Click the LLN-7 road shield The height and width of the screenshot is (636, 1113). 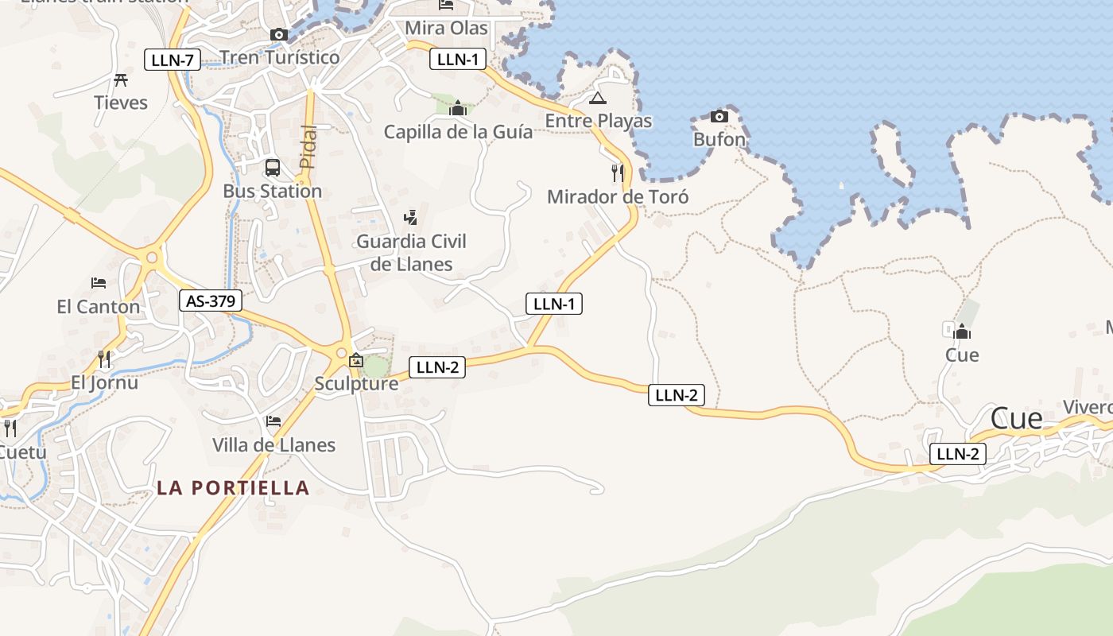click(173, 60)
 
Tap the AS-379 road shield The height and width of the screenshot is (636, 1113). click(211, 301)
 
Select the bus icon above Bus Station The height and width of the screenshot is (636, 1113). click(273, 168)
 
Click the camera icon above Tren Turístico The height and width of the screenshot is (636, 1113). click(279, 34)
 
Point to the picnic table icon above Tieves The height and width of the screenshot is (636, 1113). click(121, 79)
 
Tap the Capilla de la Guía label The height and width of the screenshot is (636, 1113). click(458, 132)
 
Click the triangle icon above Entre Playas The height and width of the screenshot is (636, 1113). click(598, 99)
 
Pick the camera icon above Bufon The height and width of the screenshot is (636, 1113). click(719, 116)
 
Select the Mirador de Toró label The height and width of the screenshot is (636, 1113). click(618, 197)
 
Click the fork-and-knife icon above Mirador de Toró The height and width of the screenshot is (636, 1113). click(618, 173)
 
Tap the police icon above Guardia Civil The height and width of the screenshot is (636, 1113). click(411, 216)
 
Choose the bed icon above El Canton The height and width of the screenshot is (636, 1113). click(99, 282)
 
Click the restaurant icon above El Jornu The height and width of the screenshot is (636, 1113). click(104, 359)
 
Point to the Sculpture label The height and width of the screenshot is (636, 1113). click(356, 383)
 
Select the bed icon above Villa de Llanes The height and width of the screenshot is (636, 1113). click(273, 421)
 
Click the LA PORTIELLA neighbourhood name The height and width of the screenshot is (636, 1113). click(233, 487)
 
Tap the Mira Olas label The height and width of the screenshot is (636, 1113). click(446, 29)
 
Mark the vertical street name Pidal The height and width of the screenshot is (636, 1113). click(308, 146)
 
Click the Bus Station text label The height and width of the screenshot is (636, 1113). click(272, 191)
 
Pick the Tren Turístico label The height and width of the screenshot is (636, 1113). click(279, 57)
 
